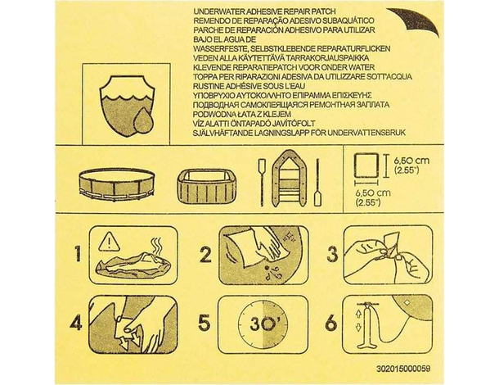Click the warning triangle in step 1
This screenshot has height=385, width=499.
(108, 240)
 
